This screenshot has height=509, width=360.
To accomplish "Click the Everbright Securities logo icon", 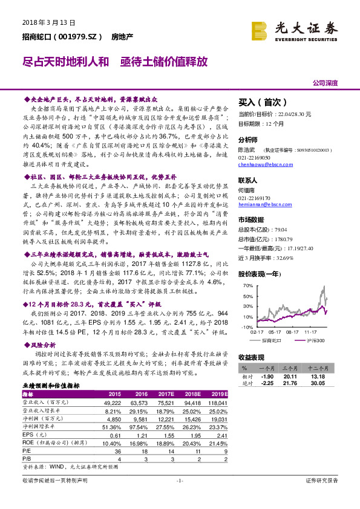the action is [260, 28].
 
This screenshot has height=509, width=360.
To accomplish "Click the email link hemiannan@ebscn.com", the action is [264, 204].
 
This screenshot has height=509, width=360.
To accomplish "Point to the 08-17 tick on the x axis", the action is [294, 332].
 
